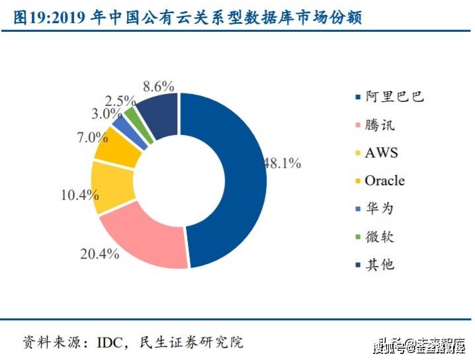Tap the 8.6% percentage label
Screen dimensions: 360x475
click(158, 85)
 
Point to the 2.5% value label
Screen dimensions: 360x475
click(120, 101)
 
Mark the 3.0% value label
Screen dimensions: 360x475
click(106, 114)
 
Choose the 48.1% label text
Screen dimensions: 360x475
click(283, 161)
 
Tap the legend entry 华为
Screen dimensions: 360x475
click(379, 208)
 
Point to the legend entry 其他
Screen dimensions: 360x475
click(379, 265)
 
